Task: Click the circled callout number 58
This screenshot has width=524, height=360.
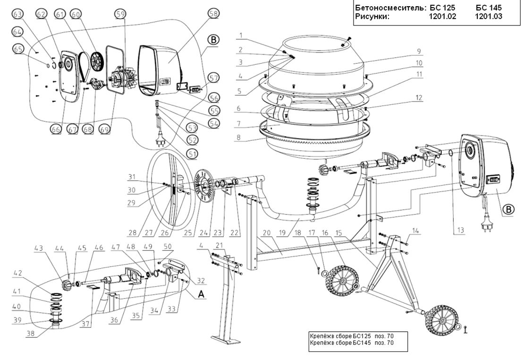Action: (213, 14)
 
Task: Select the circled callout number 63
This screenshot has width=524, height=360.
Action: (17, 15)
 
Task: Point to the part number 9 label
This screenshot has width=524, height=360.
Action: (419, 51)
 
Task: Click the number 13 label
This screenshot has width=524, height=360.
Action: (460, 230)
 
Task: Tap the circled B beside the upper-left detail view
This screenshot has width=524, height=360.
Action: (213, 40)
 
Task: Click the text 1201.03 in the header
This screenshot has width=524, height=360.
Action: (489, 16)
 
